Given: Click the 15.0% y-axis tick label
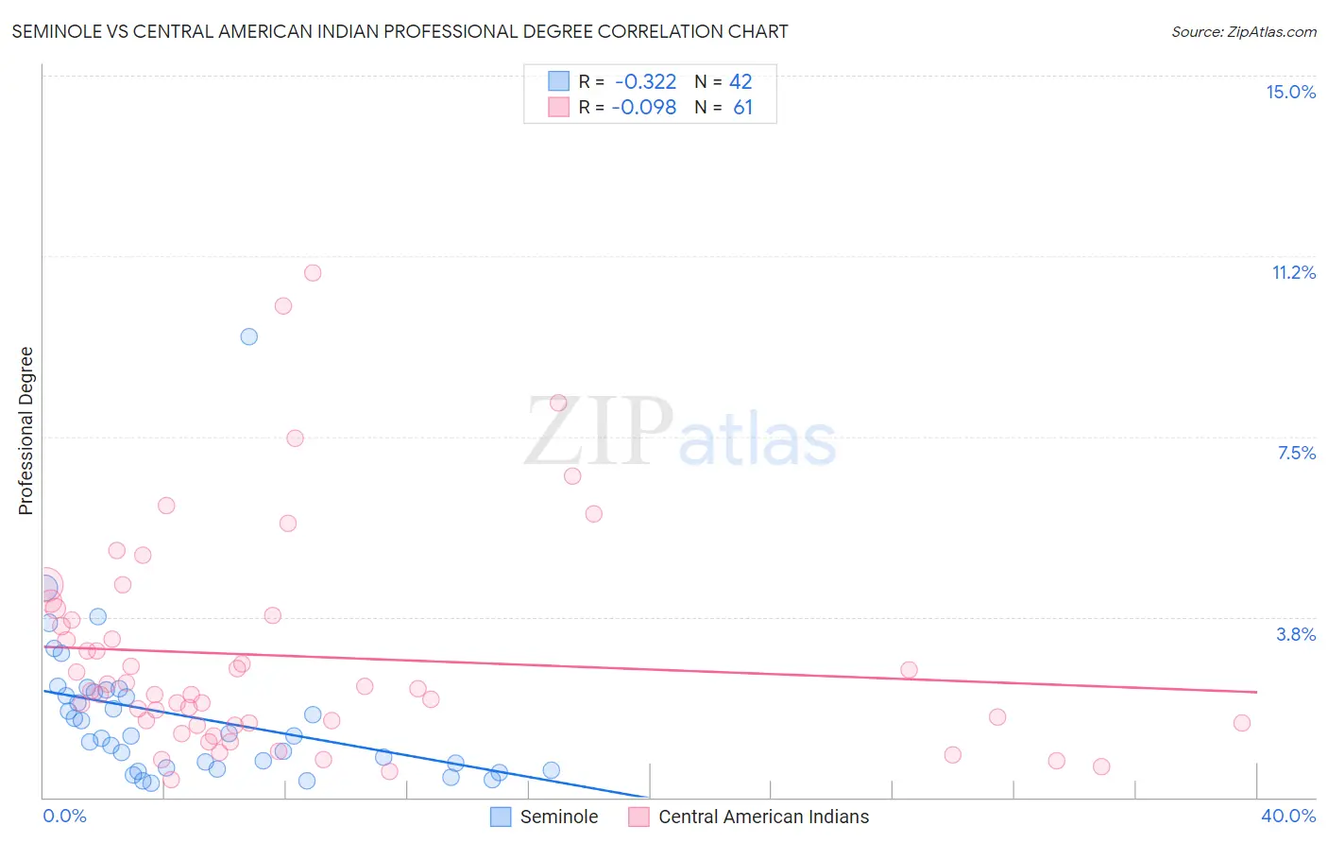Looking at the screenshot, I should point(1290,92).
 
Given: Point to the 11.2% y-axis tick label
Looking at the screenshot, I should point(1293,272).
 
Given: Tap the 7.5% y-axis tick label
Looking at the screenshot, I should point(1296,453).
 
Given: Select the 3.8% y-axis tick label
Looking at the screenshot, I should point(1296,634).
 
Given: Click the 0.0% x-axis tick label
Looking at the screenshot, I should point(65,816).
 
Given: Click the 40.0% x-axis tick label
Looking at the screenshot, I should point(1287,816).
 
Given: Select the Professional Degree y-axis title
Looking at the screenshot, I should point(26,431).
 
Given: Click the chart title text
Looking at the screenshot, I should point(400,31).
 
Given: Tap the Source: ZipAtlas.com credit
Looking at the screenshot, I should point(1243,31).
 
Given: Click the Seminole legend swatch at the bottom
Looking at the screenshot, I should point(501,817).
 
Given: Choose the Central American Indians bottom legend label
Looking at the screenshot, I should point(763,817).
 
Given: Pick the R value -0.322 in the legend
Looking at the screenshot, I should point(645,82).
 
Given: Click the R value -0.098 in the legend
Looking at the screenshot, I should point(643,108).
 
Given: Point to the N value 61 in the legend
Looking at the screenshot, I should point(742,108).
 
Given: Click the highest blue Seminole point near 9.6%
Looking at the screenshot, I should point(248,336).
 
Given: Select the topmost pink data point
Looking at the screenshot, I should point(313,273).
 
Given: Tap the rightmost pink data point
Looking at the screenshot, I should point(1241,723).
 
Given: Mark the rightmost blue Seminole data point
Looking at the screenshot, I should point(551,770).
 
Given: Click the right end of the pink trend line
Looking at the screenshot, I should point(1256,692).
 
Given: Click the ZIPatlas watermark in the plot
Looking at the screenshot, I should point(680,432).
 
